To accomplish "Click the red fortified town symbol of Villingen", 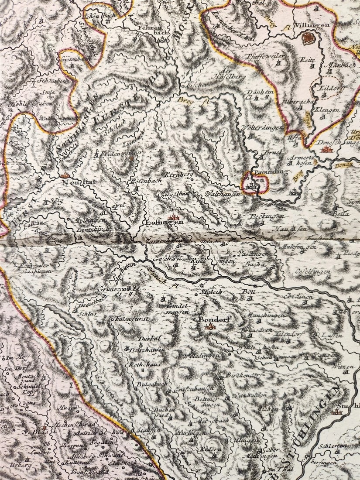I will (x=308, y=40).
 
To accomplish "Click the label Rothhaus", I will (x=140, y=364).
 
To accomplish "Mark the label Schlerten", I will (x=333, y=446).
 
